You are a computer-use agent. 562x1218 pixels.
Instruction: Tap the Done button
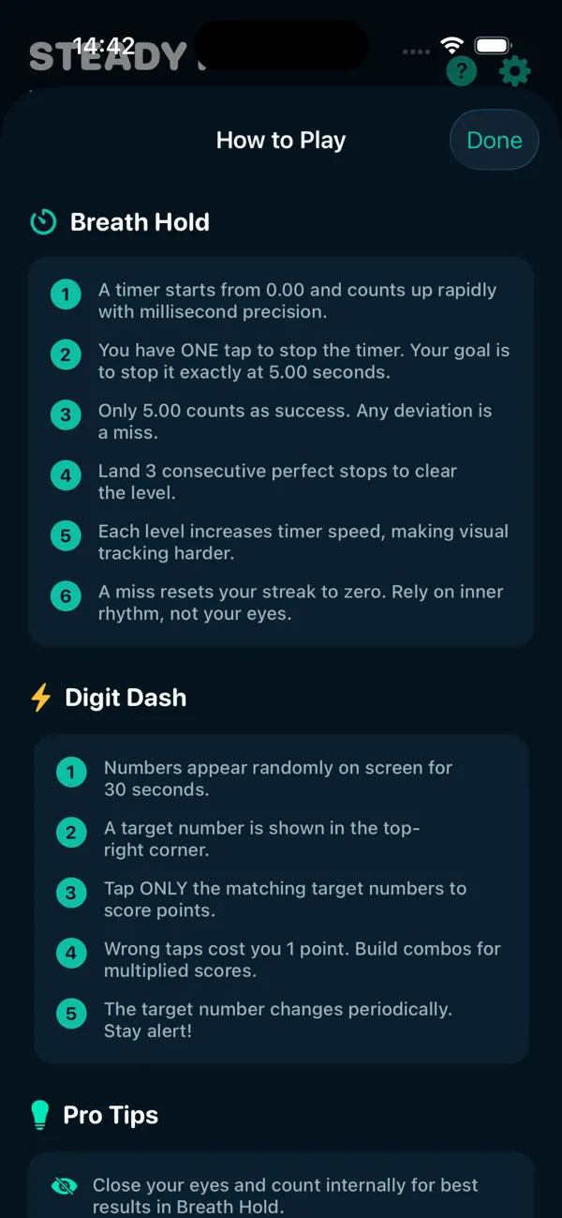pyautogui.click(x=495, y=140)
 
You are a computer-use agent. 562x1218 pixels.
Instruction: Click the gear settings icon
pyautogui.click(x=514, y=71)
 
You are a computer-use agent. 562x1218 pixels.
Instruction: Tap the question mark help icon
pyautogui.click(x=462, y=70)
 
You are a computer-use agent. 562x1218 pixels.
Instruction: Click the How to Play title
pyautogui.click(x=281, y=141)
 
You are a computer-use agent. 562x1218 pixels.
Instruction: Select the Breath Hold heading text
pyautogui.click(x=140, y=222)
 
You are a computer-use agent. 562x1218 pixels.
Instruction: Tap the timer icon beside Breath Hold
pyautogui.click(x=43, y=222)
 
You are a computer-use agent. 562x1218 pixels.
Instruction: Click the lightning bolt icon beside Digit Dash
pyautogui.click(x=40, y=698)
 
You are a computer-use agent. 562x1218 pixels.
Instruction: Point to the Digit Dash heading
pyautogui.click(x=126, y=698)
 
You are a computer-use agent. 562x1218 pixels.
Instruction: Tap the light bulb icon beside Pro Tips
pyautogui.click(x=40, y=1115)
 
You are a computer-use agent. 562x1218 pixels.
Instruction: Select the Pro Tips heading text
pyautogui.click(x=111, y=1115)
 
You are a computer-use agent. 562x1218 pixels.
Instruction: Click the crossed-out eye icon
pyautogui.click(x=64, y=1186)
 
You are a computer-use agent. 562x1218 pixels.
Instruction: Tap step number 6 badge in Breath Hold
pyautogui.click(x=66, y=596)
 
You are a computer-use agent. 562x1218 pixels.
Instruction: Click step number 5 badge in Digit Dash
pyautogui.click(x=71, y=1014)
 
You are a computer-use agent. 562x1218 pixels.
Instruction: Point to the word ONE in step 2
pyautogui.click(x=200, y=350)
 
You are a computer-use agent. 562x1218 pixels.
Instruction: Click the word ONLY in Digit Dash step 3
pyautogui.click(x=164, y=889)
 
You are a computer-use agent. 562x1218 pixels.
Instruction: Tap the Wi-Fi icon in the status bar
pyautogui.click(x=451, y=45)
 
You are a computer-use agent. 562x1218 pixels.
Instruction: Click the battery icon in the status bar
pyautogui.click(x=493, y=46)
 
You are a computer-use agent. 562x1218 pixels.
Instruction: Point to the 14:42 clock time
pyautogui.click(x=104, y=46)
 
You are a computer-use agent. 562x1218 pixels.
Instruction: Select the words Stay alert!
pyautogui.click(x=148, y=1031)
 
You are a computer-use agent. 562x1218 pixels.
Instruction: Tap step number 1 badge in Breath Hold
pyautogui.click(x=66, y=294)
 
